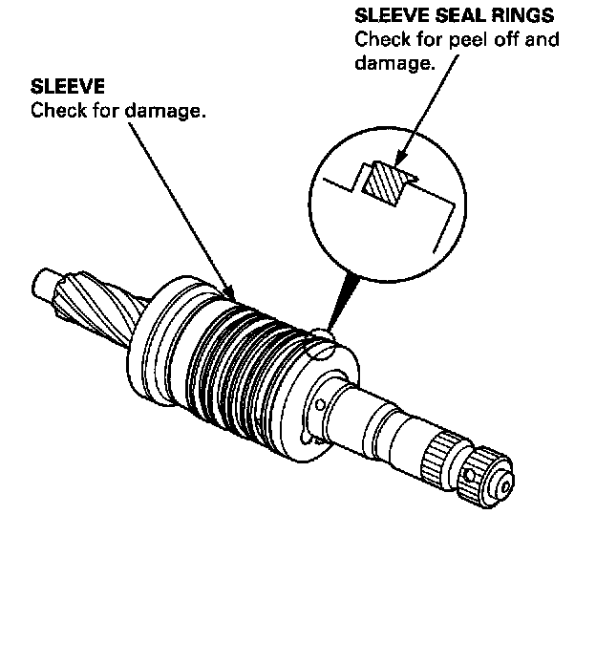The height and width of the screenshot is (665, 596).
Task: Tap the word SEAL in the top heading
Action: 445,17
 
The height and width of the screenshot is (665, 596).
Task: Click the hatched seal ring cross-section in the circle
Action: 388,182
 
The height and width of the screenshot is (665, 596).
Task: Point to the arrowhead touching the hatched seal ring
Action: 401,159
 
